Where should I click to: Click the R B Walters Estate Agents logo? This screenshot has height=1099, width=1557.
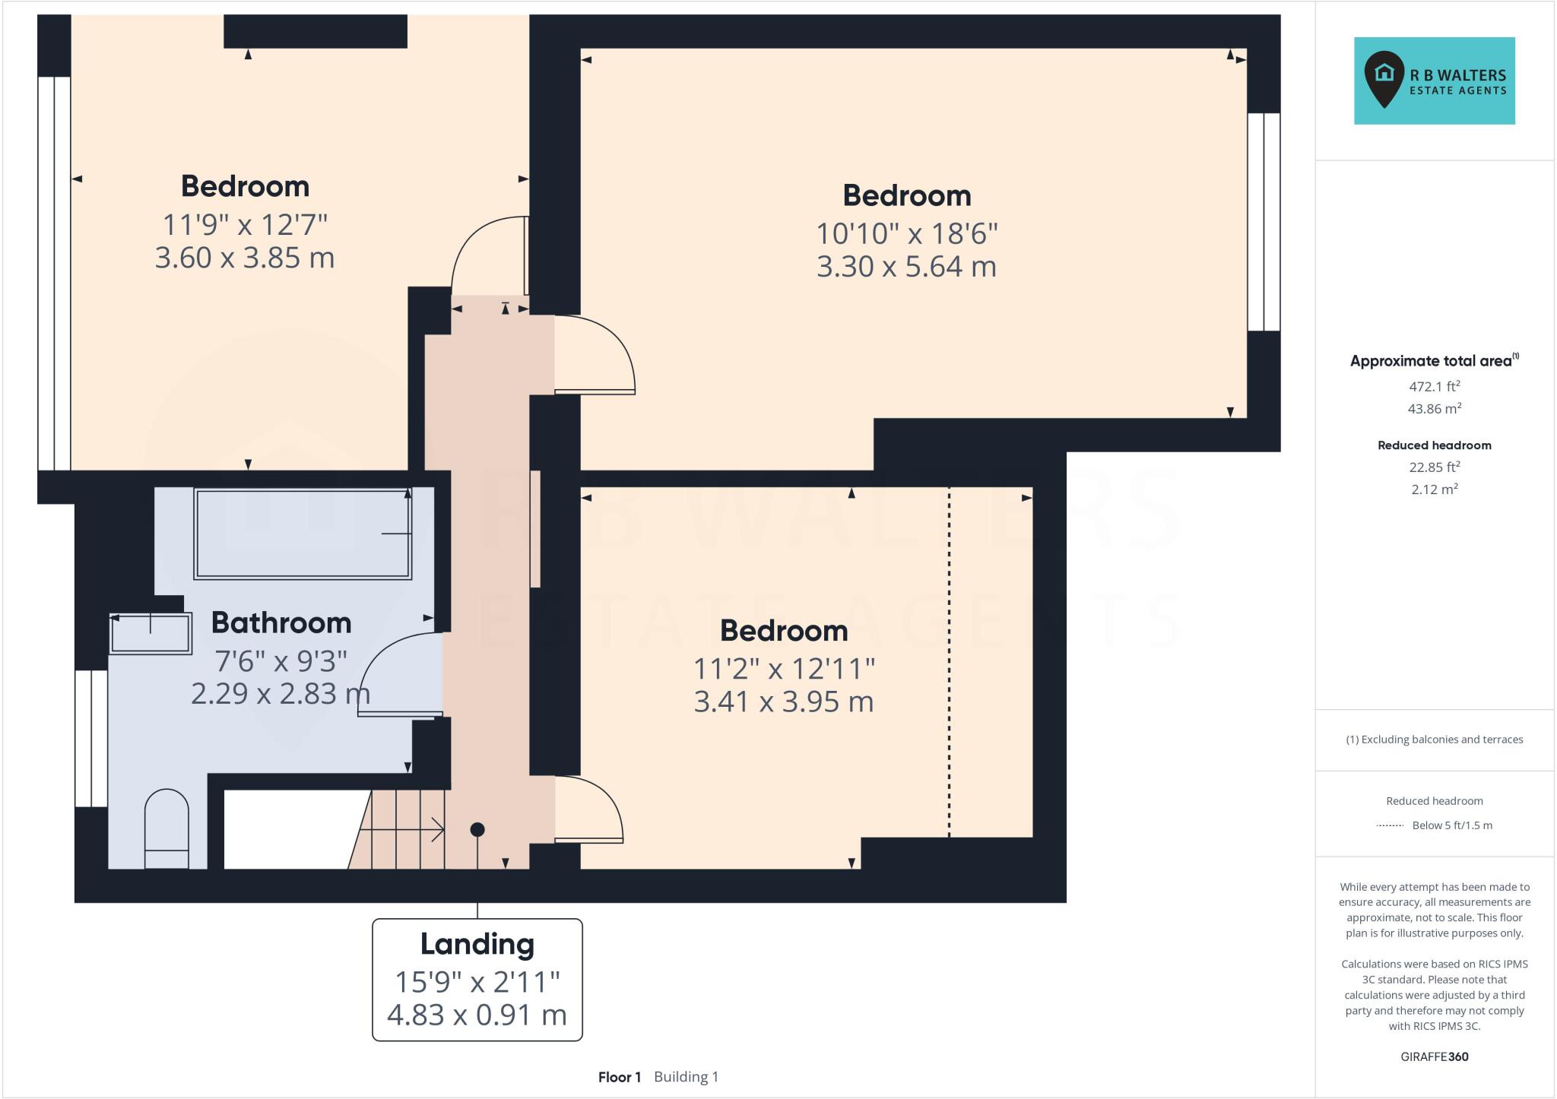1434,81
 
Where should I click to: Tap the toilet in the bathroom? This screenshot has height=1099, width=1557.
166,828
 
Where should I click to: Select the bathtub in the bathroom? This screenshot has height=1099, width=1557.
303,534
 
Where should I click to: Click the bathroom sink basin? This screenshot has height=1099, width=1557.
151,633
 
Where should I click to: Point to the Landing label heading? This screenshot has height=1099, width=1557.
477,944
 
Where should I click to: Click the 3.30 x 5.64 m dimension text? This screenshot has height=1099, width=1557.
906,267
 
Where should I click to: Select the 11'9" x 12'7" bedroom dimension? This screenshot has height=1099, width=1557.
245,225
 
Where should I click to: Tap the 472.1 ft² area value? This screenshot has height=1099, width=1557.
1434,386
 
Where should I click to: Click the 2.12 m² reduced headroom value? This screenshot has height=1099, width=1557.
1434,489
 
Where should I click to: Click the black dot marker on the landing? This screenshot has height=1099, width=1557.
477,829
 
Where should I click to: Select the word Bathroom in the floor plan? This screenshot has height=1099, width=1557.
281,623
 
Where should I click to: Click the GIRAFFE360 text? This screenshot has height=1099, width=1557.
1434,1056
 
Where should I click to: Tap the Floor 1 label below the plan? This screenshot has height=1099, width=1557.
619,1077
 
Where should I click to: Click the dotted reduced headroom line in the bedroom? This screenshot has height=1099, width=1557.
949,661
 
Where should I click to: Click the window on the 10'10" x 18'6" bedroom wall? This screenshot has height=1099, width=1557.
1264,222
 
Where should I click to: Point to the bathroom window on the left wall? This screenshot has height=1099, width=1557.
91,737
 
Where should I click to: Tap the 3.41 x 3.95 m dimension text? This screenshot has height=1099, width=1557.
783,702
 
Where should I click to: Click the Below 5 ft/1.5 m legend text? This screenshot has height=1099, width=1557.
1451,825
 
